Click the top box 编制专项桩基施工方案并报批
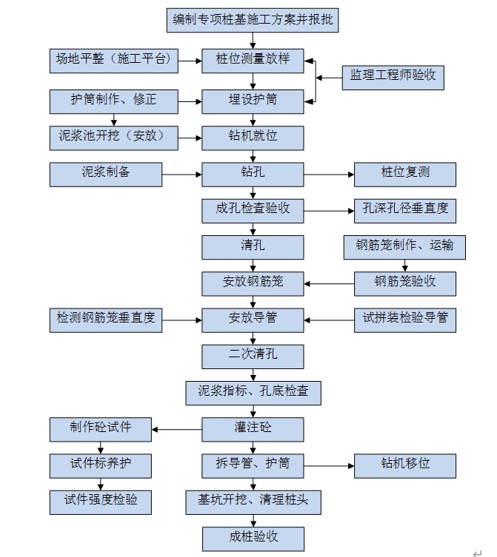click(252, 19)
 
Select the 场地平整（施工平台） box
click(113, 59)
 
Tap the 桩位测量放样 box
click(253, 60)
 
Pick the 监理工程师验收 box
click(393, 77)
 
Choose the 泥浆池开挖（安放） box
click(113, 136)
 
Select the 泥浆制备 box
click(106, 173)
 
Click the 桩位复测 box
click(404, 173)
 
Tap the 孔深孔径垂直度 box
click(404, 209)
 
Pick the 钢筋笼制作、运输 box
click(404, 246)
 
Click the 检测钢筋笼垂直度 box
click(106, 319)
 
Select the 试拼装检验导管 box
click(404, 319)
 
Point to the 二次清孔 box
click(253, 356)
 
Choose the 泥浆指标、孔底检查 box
click(253, 392)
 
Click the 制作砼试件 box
click(101, 428)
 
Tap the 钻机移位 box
click(404, 465)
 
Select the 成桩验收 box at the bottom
click(253, 538)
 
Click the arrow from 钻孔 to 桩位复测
click(329, 175)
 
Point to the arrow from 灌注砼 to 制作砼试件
click(177, 429)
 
